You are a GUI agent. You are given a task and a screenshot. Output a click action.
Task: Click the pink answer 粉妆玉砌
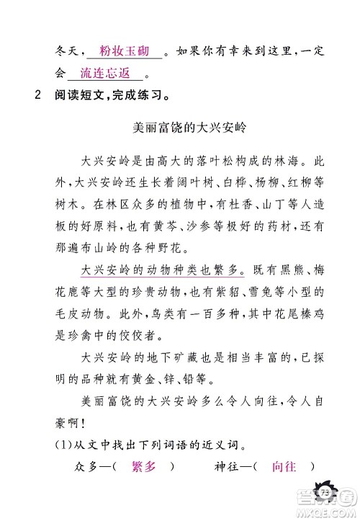coord(124,52)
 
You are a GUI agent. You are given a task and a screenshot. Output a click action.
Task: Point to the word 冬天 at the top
coord(66,53)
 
